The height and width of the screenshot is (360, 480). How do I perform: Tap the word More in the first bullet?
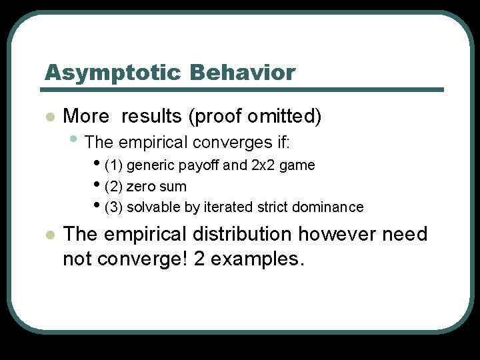pos(85,117)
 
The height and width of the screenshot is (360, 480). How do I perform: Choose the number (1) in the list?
pos(114,165)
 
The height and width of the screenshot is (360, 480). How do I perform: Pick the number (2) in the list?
pos(114,186)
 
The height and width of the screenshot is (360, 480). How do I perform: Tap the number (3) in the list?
pos(114,207)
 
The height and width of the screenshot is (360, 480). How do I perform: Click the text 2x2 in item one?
pos(262,165)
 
